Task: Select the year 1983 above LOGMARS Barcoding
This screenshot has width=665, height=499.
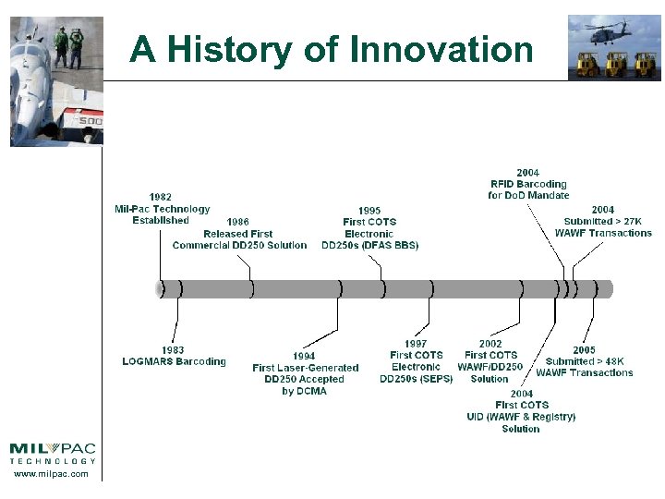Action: [173, 350]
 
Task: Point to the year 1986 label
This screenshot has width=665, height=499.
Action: [237, 222]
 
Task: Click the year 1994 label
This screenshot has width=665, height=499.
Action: [304, 356]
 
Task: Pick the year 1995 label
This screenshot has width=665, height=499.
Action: [369, 211]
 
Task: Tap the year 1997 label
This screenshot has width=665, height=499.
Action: [416, 344]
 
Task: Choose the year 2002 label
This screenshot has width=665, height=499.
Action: [490, 344]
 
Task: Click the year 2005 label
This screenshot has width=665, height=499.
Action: [584, 350]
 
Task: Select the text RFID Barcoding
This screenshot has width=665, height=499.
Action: [528, 184]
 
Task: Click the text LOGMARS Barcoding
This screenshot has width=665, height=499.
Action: [174, 361]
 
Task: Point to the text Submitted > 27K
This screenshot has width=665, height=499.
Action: [602, 222]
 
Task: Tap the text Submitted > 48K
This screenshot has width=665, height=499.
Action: [584, 361]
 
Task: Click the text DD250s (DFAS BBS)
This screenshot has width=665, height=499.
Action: [369, 246]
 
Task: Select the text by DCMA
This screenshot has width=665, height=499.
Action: [304, 391]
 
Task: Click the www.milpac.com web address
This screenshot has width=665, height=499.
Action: [52, 474]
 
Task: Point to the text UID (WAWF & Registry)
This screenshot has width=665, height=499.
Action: [521, 417]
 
